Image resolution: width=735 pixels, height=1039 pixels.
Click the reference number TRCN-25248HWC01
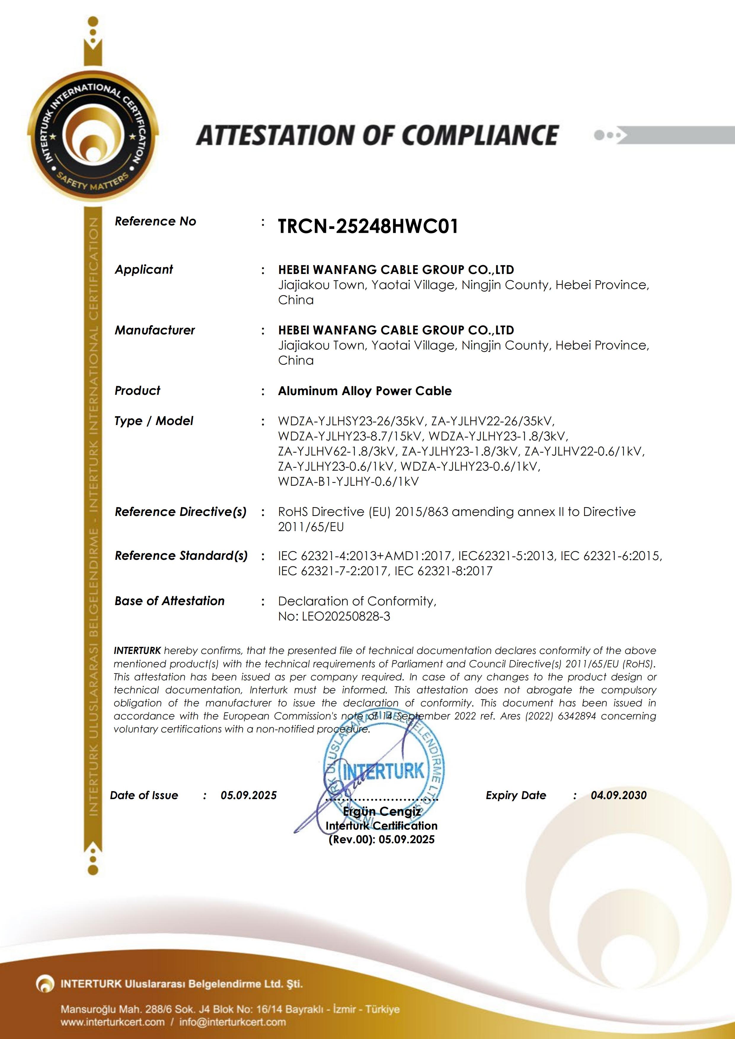point(368,226)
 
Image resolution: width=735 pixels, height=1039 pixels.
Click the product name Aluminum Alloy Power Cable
point(365,391)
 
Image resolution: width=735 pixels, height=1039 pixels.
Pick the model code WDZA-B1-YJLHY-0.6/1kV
point(348,482)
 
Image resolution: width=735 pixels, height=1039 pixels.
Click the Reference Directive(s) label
point(180,512)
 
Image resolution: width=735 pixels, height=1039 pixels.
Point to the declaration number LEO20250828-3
point(346,616)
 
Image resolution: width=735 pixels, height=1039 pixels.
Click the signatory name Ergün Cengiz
point(382,811)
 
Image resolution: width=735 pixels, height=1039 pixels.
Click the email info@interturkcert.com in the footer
point(232,1022)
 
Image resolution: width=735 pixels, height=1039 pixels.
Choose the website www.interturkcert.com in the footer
point(113,1022)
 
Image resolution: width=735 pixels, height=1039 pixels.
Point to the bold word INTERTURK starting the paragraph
point(137,651)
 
